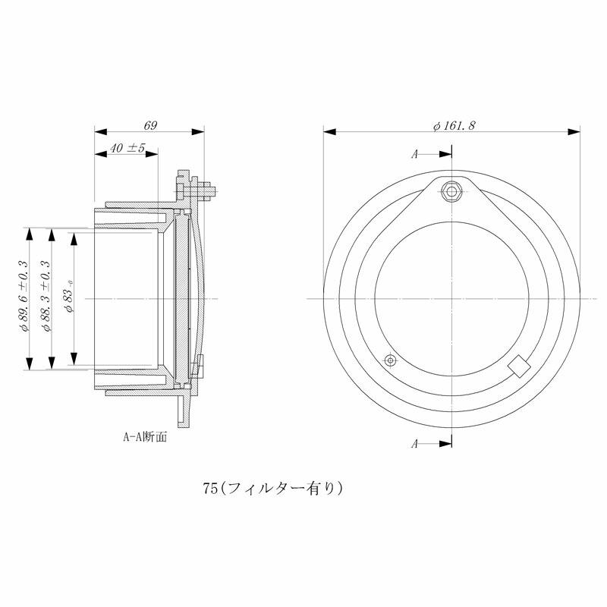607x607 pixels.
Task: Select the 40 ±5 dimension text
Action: pos(127,148)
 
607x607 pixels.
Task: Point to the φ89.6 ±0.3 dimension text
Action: pos(24,297)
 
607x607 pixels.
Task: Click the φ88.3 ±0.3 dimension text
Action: pos(46,297)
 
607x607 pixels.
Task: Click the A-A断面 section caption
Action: pos(145,437)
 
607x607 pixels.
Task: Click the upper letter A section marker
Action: pos(415,154)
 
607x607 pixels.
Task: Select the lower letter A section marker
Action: pos(415,444)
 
